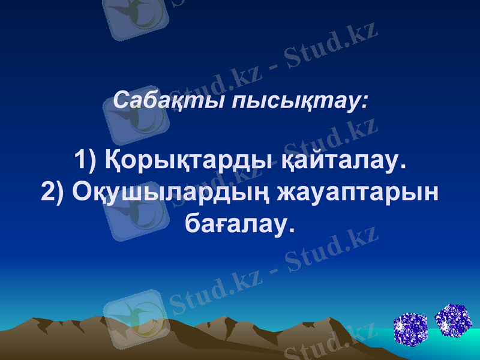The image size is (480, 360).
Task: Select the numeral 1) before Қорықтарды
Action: pos(85,160)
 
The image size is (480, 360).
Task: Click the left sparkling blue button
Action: pos(410,329)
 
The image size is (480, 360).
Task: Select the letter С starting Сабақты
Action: pos(121,100)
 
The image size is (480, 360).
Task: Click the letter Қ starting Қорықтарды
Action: pos(114,160)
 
